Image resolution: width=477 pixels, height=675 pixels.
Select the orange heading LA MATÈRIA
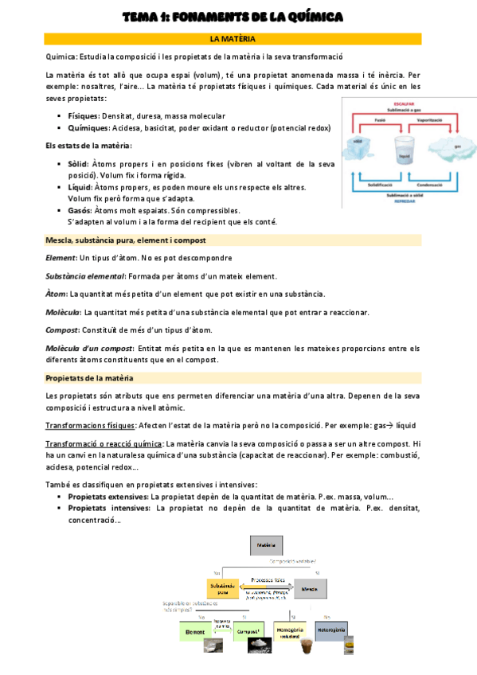[232, 38]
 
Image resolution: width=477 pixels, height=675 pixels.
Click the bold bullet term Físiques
[84, 115]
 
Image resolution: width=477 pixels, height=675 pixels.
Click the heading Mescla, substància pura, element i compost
[126, 240]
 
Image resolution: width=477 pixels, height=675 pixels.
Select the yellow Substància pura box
[222, 588]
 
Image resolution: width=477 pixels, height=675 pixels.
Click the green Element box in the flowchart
[196, 630]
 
